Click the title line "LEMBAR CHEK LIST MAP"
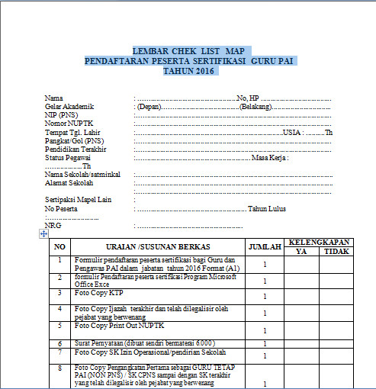[187, 50]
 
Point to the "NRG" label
[53, 226]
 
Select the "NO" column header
[60, 246]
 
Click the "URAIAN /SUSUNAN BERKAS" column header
[159, 246]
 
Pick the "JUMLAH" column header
[265, 246]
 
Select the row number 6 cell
[60, 344]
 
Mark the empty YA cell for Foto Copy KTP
[301, 295]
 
